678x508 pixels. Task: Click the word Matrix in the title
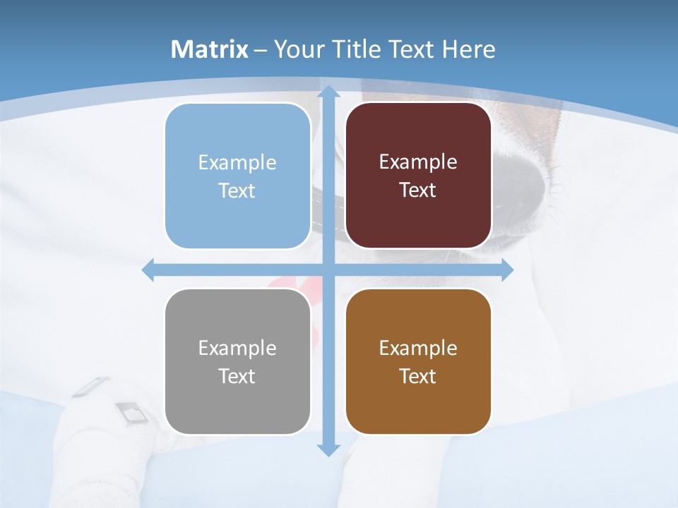[x=210, y=49]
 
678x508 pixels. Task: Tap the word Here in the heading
[x=468, y=49]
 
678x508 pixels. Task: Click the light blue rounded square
[x=237, y=176]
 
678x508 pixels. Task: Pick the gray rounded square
[x=237, y=361]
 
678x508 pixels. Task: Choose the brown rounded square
[x=418, y=361]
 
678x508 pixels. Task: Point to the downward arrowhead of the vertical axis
[x=328, y=449]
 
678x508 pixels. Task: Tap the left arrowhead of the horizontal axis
[x=148, y=270]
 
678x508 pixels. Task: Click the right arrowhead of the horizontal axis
[x=507, y=270]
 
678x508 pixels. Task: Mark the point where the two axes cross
[x=328, y=270]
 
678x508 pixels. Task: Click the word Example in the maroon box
[x=418, y=162]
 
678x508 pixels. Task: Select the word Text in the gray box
[x=237, y=376]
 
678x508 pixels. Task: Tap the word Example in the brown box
[x=418, y=348]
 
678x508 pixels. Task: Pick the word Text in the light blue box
[x=237, y=190]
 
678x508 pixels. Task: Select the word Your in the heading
[x=295, y=49]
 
